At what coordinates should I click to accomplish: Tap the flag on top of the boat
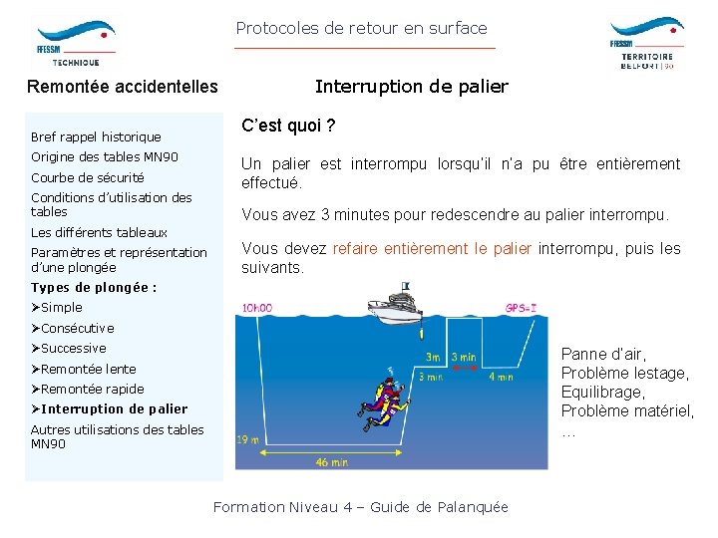click(x=405, y=287)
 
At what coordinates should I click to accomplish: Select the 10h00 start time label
click(x=256, y=309)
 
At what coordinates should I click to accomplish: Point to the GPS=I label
click(x=521, y=309)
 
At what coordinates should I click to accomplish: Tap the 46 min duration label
click(x=331, y=461)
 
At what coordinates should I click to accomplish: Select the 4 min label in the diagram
click(x=501, y=377)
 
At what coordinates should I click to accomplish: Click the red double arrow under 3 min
click(x=463, y=368)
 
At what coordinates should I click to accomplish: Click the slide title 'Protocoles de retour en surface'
click(x=361, y=29)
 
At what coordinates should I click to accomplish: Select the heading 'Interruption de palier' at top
click(x=411, y=87)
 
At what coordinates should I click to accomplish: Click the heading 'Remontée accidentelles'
click(x=123, y=87)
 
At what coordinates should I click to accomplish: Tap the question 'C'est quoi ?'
click(x=288, y=127)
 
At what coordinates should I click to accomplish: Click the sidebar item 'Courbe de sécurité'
click(x=88, y=177)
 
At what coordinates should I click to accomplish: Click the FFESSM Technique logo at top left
click(x=74, y=42)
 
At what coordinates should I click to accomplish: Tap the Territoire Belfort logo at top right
click(x=646, y=43)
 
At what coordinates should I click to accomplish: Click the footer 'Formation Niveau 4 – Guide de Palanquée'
click(x=361, y=507)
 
